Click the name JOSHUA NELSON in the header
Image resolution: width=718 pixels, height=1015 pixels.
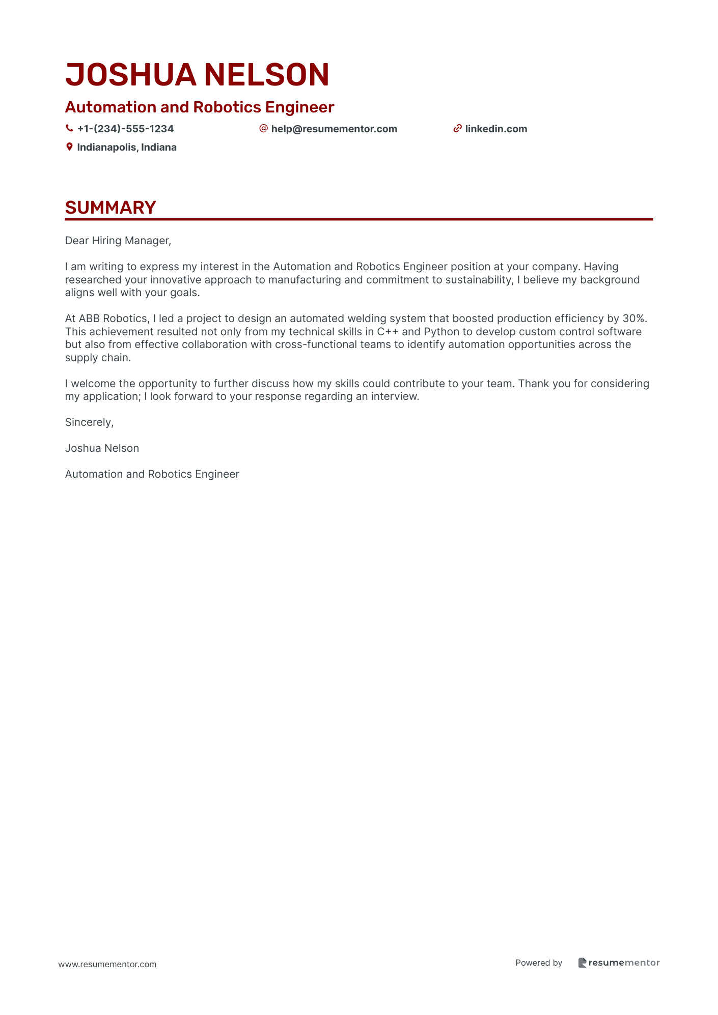(197, 75)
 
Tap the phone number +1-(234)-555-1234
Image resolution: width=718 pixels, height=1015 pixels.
(125, 129)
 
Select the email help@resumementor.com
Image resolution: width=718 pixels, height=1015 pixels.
(334, 129)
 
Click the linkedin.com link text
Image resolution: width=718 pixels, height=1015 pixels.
(496, 129)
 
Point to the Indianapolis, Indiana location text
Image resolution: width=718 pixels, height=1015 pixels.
(127, 147)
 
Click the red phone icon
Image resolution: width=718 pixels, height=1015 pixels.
(69, 129)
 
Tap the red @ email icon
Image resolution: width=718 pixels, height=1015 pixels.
(263, 128)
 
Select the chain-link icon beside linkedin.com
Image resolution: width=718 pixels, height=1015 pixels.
(457, 129)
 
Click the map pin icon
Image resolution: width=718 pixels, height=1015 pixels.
(69, 147)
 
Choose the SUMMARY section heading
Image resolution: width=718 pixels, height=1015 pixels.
(111, 208)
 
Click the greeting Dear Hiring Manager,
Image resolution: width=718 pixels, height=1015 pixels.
(118, 241)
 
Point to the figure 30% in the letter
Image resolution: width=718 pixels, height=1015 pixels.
(634, 318)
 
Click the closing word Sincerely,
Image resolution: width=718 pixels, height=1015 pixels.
(89, 422)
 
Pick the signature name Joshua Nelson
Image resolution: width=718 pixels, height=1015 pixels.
(102, 448)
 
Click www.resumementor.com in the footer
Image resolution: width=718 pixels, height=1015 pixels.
(107, 964)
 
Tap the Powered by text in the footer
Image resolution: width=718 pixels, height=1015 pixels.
(539, 963)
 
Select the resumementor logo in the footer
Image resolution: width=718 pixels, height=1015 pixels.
(619, 963)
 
